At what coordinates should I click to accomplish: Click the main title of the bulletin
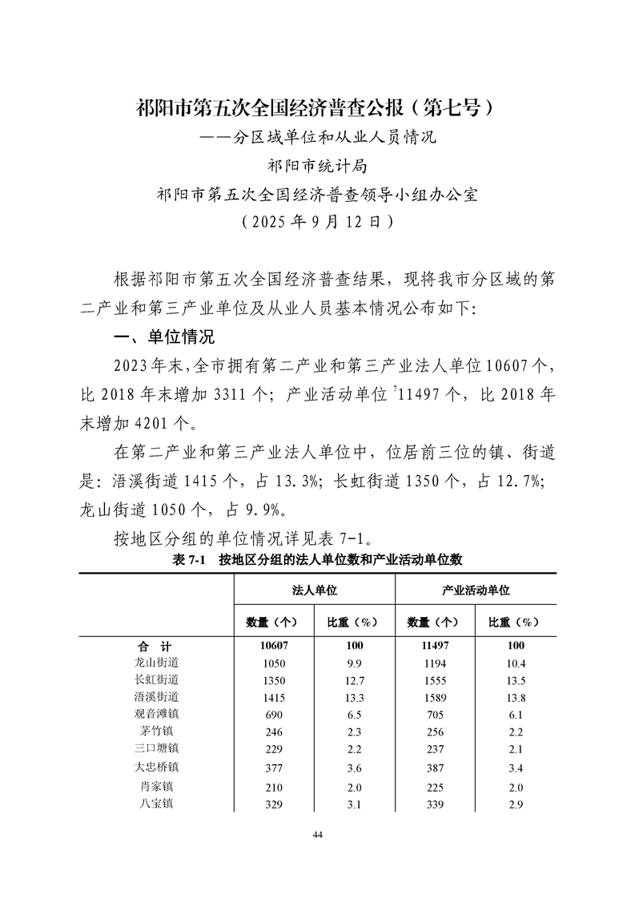318,108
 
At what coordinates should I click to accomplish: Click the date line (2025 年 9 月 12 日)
317,222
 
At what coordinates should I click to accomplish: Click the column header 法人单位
314,590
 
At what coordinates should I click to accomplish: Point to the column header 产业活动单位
476,590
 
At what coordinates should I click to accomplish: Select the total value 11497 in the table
434,646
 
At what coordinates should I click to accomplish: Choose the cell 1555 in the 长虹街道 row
434,679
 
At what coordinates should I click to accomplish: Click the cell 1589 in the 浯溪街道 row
434,696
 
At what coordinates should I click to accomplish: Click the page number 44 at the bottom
317,835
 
